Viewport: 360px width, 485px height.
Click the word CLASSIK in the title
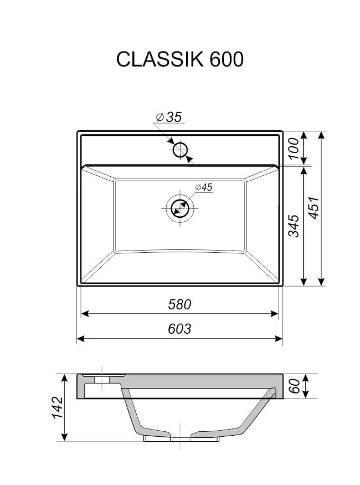click(160, 59)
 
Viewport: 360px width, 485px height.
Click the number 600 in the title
click(227, 59)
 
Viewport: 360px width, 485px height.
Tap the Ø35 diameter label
click(169, 117)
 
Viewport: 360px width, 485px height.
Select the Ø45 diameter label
click(204, 187)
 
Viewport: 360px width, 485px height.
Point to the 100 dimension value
click(294, 149)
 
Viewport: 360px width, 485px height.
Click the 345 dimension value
click(294, 226)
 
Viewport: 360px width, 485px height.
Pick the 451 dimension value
click(314, 208)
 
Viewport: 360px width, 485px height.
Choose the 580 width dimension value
click(179, 304)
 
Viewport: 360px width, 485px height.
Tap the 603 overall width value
click(179, 329)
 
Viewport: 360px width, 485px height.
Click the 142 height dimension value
click(58, 407)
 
